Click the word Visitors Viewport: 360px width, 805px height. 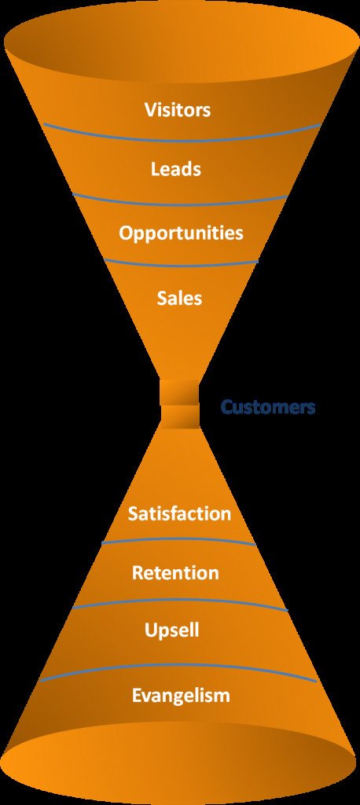click(x=178, y=110)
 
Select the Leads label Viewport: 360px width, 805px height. click(x=175, y=169)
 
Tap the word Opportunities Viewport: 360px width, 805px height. click(x=181, y=233)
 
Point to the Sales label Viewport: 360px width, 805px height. click(x=180, y=298)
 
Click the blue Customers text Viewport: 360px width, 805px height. click(x=267, y=407)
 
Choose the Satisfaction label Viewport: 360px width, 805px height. click(x=179, y=513)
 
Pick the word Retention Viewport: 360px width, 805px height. click(x=175, y=572)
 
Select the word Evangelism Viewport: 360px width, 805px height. click(x=181, y=697)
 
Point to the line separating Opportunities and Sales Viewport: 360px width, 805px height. click(x=181, y=265)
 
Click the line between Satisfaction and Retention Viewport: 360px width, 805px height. click(x=178, y=539)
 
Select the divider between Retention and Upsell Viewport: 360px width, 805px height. click(x=180, y=600)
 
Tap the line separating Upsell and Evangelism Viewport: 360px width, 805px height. click(x=178, y=665)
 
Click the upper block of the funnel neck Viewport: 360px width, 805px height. click(x=179, y=391)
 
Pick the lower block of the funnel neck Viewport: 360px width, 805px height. click(x=179, y=417)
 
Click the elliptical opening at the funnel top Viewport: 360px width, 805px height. click(x=179, y=44)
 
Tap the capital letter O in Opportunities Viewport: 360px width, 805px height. click(x=127, y=233)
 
